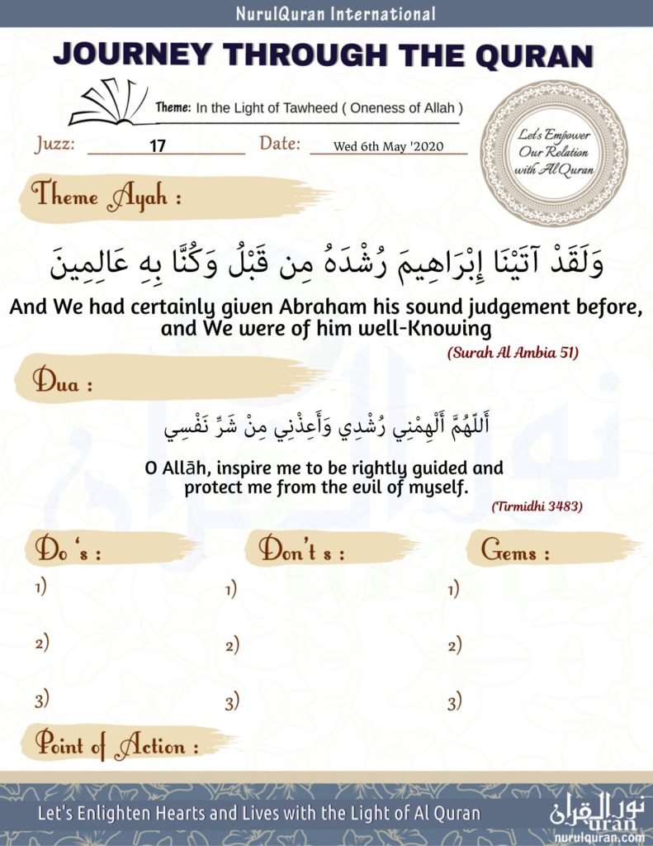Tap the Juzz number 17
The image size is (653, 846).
tap(158, 146)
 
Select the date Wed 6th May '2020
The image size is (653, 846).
tap(389, 147)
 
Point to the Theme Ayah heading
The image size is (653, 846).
tap(106, 197)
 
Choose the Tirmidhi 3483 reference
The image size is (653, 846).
tap(537, 506)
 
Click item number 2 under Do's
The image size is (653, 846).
tap(41, 643)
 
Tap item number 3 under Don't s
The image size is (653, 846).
tap(232, 703)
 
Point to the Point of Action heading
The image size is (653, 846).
tap(116, 746)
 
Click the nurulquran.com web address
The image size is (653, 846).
tap(600, 835)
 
